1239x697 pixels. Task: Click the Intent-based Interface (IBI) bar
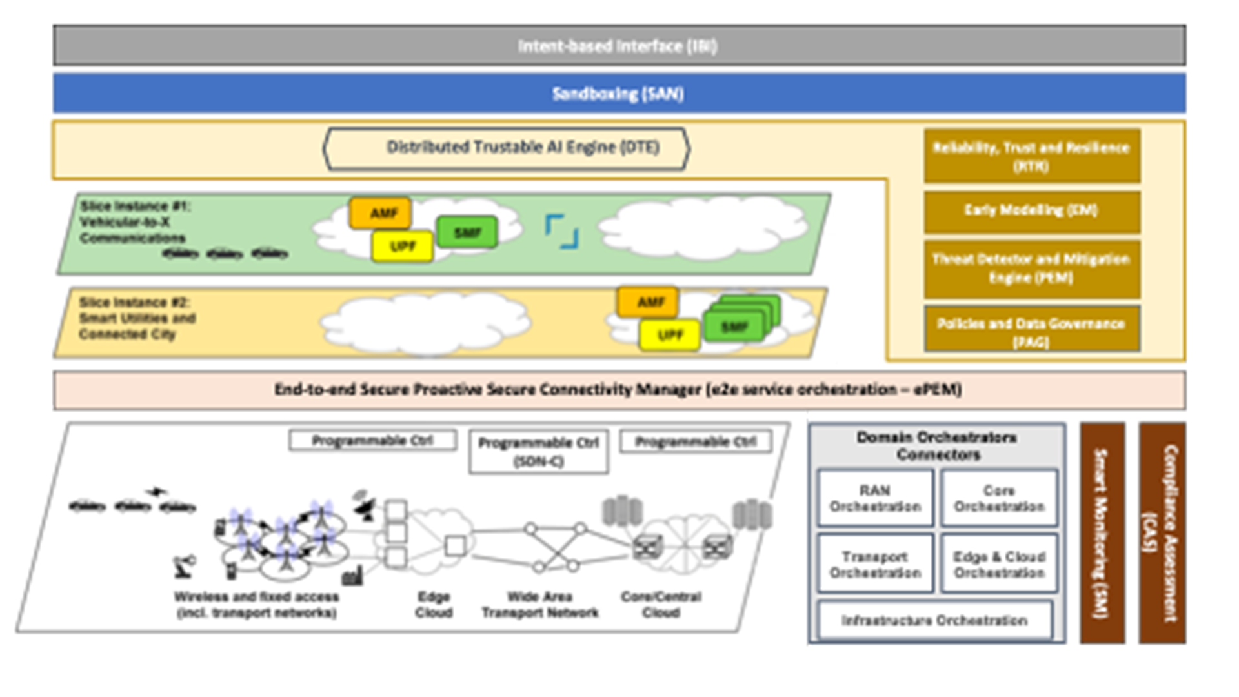pos(619,46)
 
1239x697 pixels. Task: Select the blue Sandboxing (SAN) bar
pos(619,94)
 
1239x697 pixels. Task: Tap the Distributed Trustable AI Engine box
pos(507,148)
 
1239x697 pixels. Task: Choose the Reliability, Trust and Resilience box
pos(1031,156)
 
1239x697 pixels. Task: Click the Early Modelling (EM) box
pos(1031,211)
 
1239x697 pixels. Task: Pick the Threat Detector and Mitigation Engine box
pos(1031,268)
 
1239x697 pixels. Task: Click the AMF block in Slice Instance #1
pos(381,213)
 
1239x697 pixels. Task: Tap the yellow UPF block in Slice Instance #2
pos(669,336)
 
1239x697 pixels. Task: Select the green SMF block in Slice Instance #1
pos(467,232)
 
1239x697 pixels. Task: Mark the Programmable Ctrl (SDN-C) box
pos(538,452)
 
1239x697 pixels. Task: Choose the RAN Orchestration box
pos(875,498)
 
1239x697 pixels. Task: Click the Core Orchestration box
pos(999,498)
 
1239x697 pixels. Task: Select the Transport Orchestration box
pos(875,564)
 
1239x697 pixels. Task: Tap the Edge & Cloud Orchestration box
pos(999,564)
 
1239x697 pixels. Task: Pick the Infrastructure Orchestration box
pos(934,620)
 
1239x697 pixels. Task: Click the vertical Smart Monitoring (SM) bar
pos(1102,533)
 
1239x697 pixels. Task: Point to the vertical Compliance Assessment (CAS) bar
pos(1162,533)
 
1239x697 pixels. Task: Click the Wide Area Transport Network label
pos(539,605)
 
